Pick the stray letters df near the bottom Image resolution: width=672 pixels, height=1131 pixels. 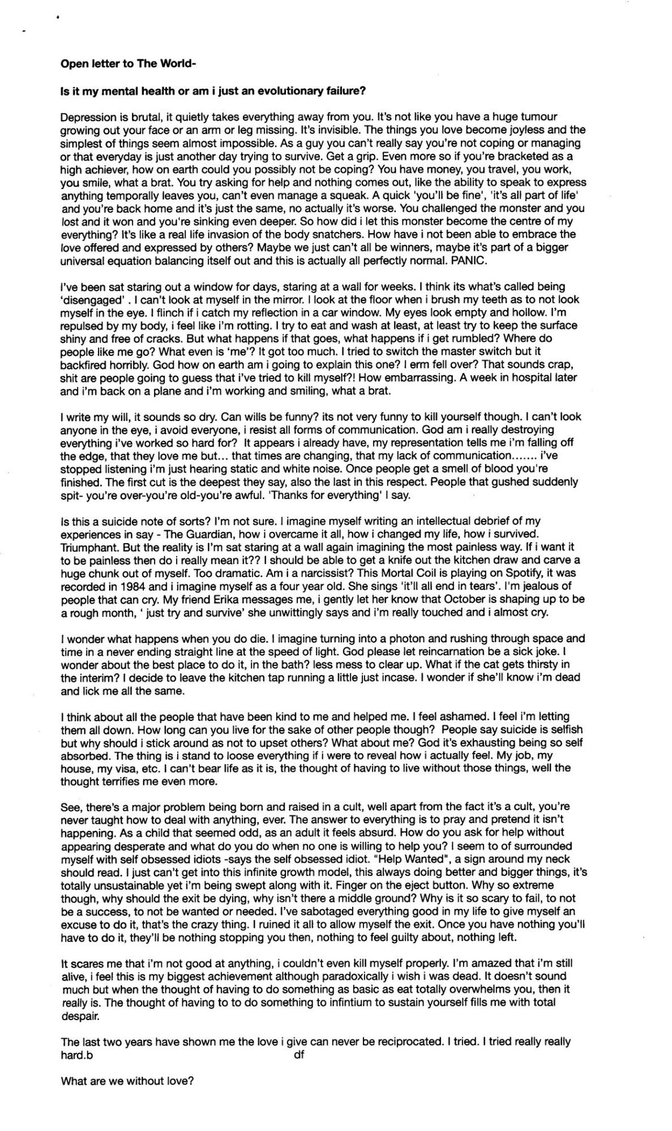click(299, 1055)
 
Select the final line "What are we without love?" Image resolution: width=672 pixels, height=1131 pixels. click(127, 1081)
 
